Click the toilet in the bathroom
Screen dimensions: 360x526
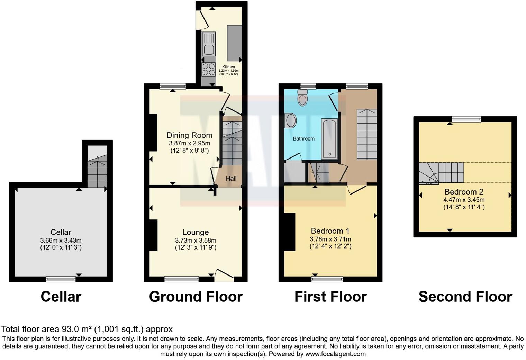tap(302, 99)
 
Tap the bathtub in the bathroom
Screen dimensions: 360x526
tap(329, 139)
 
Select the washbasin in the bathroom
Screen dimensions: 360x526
tap(291, 121)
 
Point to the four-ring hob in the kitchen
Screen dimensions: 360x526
tap(209, 69)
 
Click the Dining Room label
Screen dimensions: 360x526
tap(189, 135)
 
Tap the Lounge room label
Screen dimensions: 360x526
tap(196, 232)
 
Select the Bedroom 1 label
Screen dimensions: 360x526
tap(330, 231)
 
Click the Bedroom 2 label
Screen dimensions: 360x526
tap(464, 192)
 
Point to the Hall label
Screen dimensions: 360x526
tap(231, 179)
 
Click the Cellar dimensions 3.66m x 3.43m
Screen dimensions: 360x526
tap(61, 240)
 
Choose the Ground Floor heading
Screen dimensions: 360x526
tap(196, 297)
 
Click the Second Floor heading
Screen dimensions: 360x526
tap(465, 297)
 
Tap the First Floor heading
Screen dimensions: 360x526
tap(330, 297)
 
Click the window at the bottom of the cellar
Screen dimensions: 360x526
tap(61, 279)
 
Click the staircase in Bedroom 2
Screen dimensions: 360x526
tap(441, 173)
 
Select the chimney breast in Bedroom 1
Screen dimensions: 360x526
tap(290, 232)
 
